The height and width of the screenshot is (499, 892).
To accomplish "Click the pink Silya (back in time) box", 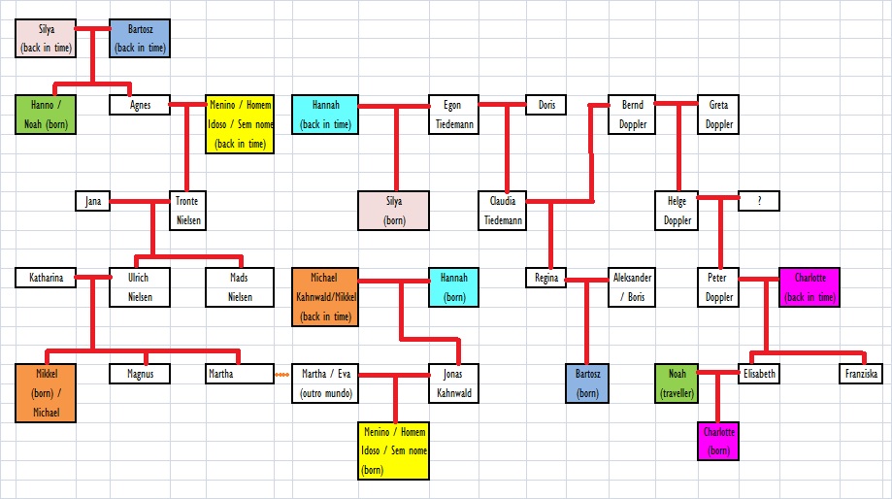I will pyautogui.click(x=47, y=37).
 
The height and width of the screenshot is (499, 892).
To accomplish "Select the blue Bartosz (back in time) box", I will pyautogui.click(x=140, y=37).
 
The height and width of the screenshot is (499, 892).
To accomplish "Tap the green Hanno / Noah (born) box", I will pyautogui.click(x=46, y=114).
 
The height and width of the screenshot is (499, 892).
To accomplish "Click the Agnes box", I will pyautogui.click(x=140, y=104).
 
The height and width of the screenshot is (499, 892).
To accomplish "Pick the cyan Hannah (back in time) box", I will pyautogui.click(x=325, y=114).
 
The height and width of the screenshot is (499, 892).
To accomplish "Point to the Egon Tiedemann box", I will pyautogui.click(x=452, y=114).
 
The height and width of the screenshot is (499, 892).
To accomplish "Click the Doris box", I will pyautogui.click(x=546, y=104).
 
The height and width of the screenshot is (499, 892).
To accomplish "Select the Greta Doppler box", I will pyautogui.click(x=718, y=114).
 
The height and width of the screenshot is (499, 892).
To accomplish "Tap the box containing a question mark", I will pyautogui.click(x=758, y=200).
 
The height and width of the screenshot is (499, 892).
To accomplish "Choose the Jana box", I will pyautogui.click(x=93, y=201).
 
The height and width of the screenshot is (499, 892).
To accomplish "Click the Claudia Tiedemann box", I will pyautogui.click(x=502, y=210).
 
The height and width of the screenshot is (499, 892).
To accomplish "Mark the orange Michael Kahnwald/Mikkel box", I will pyautogui.click(x=325, y=296).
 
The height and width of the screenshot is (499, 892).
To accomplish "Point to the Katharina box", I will pyautogui.click(x=46, y=278).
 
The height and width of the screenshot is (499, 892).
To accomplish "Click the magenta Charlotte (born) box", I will pyautogui.click(x=718, y=440).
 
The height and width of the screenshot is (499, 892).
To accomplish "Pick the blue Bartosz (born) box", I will pyautogui.click(x=587, y=383).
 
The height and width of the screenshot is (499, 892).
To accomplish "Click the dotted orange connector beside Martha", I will pyautogui.click(x=282, y=374).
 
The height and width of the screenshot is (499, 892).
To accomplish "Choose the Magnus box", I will pyautogui.click(x=140, y=373).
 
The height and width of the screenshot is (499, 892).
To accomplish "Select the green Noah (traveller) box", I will pyautogui.click(x=677, y=383).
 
